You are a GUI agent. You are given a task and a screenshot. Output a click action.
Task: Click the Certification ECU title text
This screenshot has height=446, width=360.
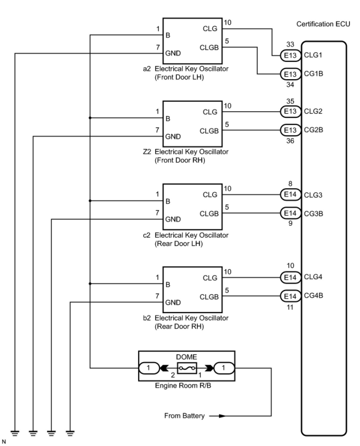pyautogui.click(x=323, y=24)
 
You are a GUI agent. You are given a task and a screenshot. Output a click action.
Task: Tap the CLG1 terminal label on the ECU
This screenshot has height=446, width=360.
pyautogui.click(x=313, y=55)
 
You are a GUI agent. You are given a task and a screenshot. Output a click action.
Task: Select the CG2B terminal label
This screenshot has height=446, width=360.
pyautogui.click(x=313, y=130)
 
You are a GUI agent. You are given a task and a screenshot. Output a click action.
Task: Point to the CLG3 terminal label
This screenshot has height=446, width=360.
pyautogui.click(x=313, y=195)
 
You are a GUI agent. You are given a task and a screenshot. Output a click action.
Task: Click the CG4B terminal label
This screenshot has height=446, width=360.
pyautogui.click(x=313, y=296)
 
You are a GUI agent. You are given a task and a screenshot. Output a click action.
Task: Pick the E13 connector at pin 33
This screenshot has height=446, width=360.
pyautogui.click(x=290, y=55)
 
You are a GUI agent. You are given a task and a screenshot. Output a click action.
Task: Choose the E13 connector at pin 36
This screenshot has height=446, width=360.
pyautogui.click(x=290, y=130)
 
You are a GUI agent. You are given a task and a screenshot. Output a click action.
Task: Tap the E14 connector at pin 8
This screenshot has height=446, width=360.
pyautogui.click(x=290, y=195)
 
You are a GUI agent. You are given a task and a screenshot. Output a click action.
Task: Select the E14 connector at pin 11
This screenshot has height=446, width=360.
pyautogui.click(x=290, y=296)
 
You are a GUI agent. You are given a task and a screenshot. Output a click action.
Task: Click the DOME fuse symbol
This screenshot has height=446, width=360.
pyautogui.click(x=187, y=368)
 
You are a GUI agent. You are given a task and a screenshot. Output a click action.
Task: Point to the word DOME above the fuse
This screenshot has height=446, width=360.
pyautogui.click(x=187, y=357)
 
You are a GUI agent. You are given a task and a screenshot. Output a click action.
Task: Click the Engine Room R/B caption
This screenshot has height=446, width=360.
pyautogui.click(x=183, y=386)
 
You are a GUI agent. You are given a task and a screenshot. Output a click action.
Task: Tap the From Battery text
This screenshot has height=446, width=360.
pyautogui.click(x=184, y=416)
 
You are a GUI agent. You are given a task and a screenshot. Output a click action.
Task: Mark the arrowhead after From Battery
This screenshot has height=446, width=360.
pyautogui.click(x=222, y=416)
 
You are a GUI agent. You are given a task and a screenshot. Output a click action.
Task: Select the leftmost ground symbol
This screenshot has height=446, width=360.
pyautogui.click(x=15, y=433)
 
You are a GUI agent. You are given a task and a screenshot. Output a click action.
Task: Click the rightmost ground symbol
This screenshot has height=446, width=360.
pyautogui.click(x=70, y=433)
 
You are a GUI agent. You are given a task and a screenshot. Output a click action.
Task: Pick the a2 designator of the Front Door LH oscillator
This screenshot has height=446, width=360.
pyautogui.click(x=147, y=69)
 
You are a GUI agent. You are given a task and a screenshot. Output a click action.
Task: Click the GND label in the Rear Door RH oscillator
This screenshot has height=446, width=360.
pyautogui.click(x=173, y=302)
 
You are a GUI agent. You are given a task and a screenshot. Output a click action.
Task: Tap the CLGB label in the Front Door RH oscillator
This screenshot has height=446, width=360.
pyautogui.click(x=209, y=131)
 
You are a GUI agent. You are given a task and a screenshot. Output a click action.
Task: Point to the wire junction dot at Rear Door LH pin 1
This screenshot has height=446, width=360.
pyautogui.click(x=90, y=201)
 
